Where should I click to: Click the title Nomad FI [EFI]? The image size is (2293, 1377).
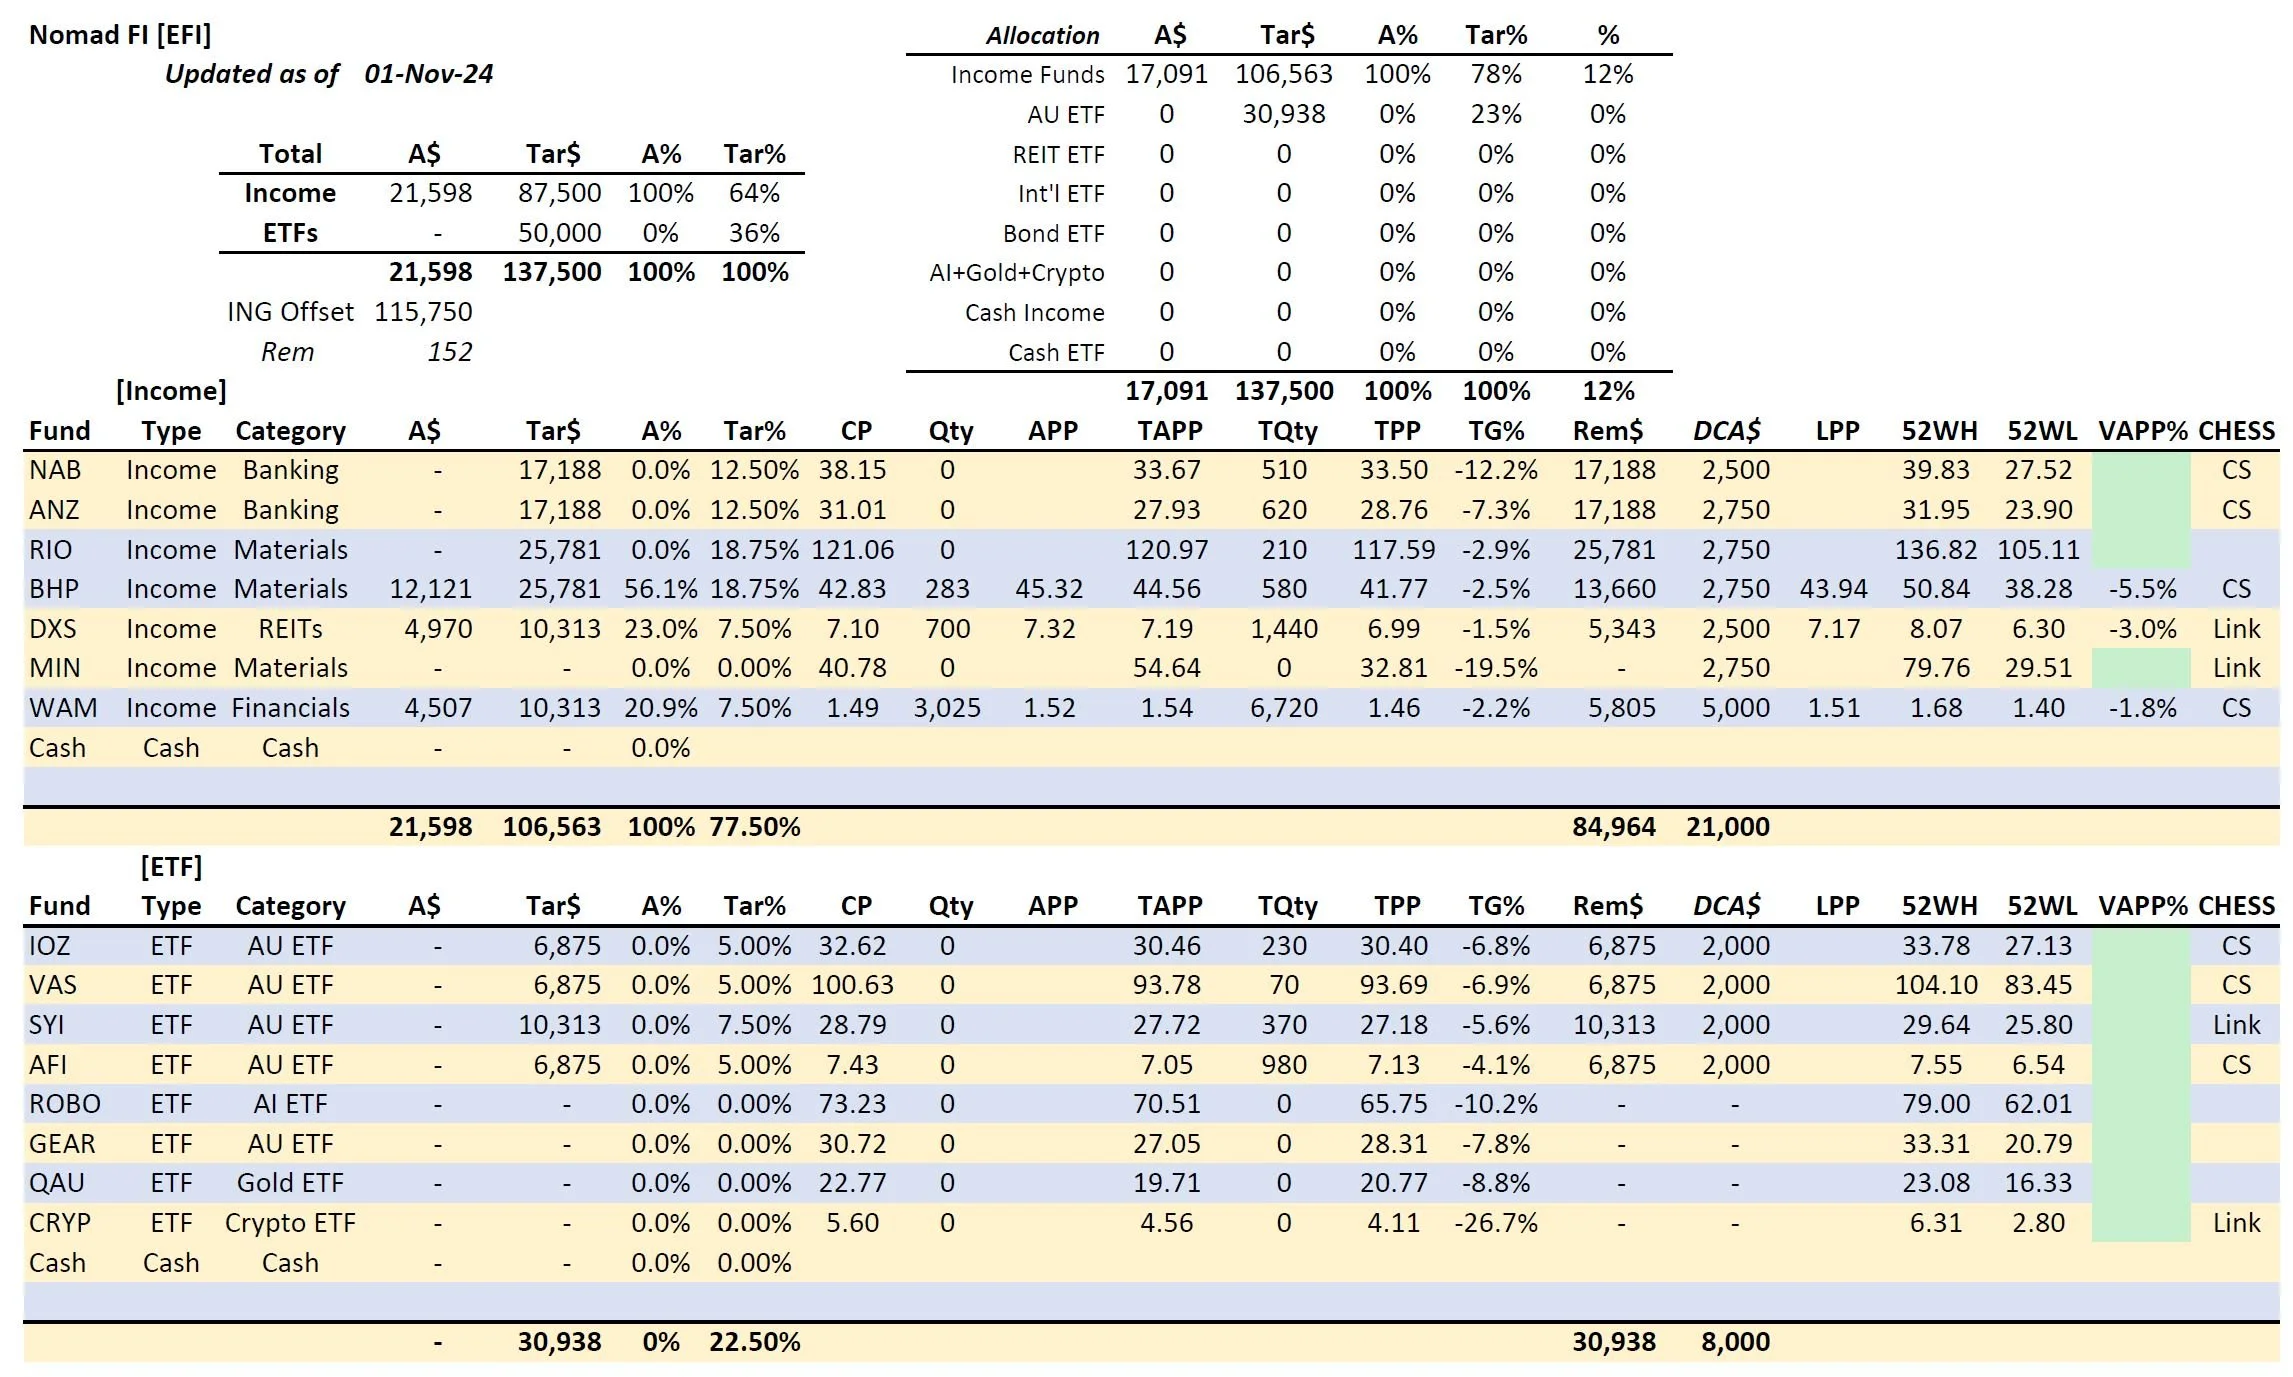[x=120, y=35]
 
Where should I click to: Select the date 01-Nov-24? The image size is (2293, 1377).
[x=428, y=74]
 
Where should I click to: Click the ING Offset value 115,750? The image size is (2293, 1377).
[x=423, y=312]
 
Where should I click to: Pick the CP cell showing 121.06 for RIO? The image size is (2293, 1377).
[x=852, y=550]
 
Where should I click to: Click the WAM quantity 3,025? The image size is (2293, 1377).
[x=946, y=708]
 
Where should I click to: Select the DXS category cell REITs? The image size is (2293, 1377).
[x=290, y=629]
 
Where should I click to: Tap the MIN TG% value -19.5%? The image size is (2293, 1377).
[x=1495, y=668]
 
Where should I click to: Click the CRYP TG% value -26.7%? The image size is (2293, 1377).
[x=1495, y=1223]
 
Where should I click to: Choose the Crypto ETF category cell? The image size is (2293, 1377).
[x=290, y=1223]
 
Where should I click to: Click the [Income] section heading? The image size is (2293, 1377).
[x=171, y=391]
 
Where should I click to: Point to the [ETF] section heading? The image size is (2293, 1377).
[x=171, y=866]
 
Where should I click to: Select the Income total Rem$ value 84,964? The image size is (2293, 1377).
[x=1613, y=827]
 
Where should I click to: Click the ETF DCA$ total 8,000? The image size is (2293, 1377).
[x=1735, y=1342]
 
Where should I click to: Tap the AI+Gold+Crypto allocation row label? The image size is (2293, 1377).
[x=1016, y=273]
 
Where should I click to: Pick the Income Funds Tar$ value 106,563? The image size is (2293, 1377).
[x=1283, y=74]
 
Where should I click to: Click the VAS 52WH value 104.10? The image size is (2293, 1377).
[x=1935, y=985]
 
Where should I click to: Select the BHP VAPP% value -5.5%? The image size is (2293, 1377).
[x=2142, y=589]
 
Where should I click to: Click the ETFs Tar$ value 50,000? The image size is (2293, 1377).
[x=559, y=233]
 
